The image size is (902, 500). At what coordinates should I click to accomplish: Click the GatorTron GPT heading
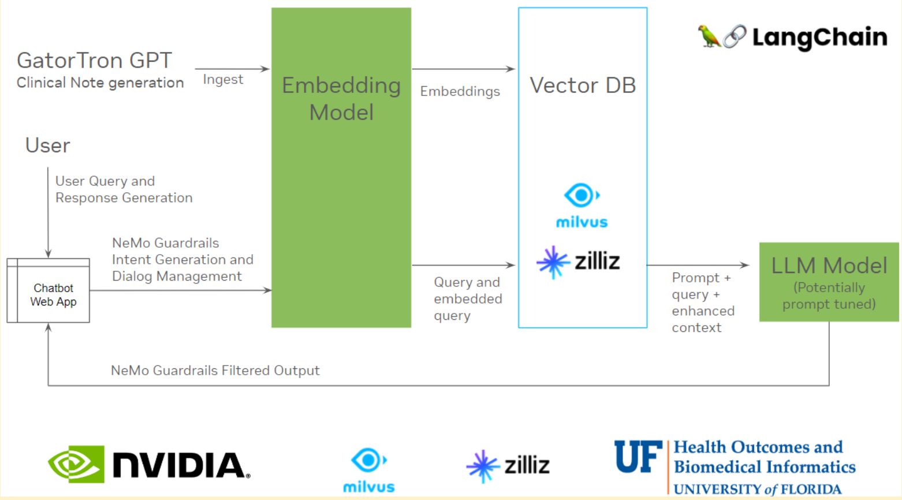pyautogui.click(x=94, y=60)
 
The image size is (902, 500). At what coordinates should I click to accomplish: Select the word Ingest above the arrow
pyautogui.click(x=223, y=80)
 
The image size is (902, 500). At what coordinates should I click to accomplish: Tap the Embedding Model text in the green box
pyautogui.click(x=341, y=98)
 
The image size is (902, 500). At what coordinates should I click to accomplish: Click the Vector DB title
pyautogui.click(x=583, y=85)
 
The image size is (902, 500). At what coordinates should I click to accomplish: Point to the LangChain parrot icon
pyautogui.click(x=709, y=36)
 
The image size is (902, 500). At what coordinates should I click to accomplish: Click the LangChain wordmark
pyautogui.click(x=819, y=38)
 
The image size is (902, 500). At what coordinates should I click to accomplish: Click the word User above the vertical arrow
pyautogui.click(x=47, y=145)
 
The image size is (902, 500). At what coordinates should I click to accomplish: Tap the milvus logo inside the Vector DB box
pyautogui.click(x=582, y=206)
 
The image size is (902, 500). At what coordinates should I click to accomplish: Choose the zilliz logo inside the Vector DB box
pyautogui.click(x=579, y=262)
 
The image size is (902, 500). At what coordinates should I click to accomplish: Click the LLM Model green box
pyautogui.click(x=829, y=282)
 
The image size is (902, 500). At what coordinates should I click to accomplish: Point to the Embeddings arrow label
pyautogui.click(x=460, y=91)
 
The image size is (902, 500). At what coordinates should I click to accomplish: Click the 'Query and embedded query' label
pyautogui.click(x=468, y=298)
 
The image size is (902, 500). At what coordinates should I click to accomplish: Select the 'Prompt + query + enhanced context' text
pyautogui.click(x=702, y=303)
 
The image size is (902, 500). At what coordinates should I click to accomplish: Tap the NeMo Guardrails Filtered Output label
pyautogui.click(x=215, y=371)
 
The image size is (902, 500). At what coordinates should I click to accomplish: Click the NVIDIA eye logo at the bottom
pyautogui.click(x=76, y=464)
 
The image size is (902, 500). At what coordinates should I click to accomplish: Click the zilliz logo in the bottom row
pyautogui.click(x=508, y=465)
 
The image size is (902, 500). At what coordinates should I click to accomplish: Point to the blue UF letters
pyautogui.click(x=638, y=457)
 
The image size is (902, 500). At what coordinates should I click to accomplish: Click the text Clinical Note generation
pyautogui.click(x=100, y=83)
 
